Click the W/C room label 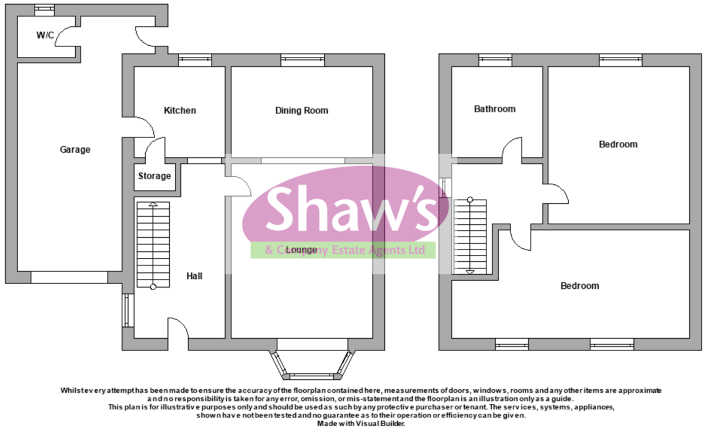tap(45, 35)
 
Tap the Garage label tap(75, 150)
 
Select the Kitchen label tap(180, 110)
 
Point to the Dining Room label tap(301, 110)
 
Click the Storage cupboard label tap(155, 176)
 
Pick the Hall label tap(194, 275)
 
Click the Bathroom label tap(495, 109)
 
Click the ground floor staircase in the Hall tap(153, 244)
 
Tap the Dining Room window tap(302, 59)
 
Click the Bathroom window tap(495, 59)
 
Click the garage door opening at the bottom tap(69, 277)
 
